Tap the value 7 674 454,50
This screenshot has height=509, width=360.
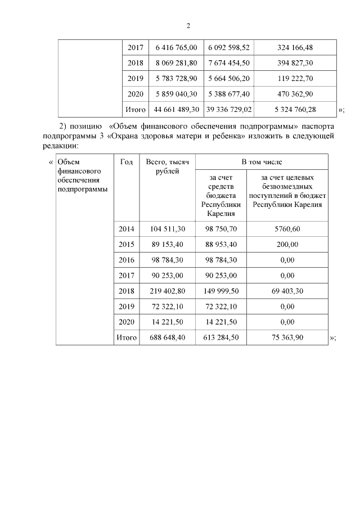click(229, 64)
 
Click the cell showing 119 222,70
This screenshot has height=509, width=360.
click(295, 79)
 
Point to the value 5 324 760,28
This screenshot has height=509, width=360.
click(295, 109)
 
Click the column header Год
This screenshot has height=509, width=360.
click(127, 162)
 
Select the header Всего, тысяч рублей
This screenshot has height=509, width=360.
click(167, 166)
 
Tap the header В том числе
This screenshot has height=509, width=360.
click(262, 162)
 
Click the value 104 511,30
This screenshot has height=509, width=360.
click(167, 229)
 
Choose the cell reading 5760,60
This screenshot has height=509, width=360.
click(287, 229)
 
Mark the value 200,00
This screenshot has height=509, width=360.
click(287, 245)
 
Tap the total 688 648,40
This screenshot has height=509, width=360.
click(167, 337)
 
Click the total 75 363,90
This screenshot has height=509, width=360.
click(287, 337)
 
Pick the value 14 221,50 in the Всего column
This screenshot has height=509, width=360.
click(167, 322)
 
